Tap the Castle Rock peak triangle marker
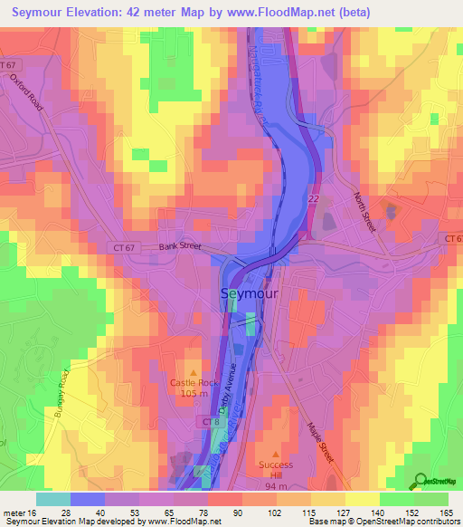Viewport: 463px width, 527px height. click(x=192, y=372)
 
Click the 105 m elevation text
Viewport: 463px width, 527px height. click(x=191, y=395)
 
